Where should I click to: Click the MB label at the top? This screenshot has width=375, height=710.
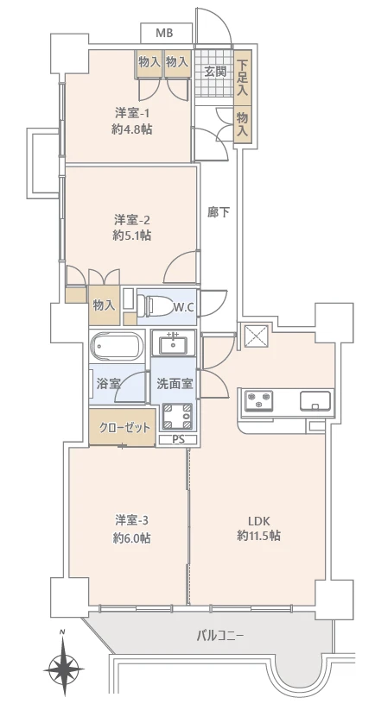click(163, 33)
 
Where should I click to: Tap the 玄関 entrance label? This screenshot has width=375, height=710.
click(214, 71)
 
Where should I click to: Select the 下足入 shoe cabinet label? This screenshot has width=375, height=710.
click(243, 76)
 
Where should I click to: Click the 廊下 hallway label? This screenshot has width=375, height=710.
click(219, 210)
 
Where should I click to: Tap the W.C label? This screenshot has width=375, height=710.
click(183, 306)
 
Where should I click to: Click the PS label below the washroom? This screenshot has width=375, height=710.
click(178, 440)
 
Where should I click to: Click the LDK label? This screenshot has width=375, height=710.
click(259, 520)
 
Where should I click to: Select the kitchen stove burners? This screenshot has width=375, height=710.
click(259, 401)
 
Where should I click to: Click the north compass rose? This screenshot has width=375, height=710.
click(63, 667)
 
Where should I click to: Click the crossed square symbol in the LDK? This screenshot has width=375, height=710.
click(257, 335)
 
